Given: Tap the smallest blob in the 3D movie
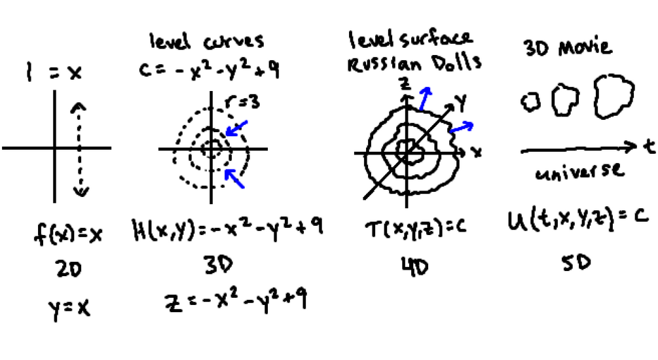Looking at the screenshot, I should pos(530,101).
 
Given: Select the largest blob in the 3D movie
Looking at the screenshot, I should pos(614,97).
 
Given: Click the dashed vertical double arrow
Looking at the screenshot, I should pos(80,149).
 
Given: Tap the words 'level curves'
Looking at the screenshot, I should pos(206,41).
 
